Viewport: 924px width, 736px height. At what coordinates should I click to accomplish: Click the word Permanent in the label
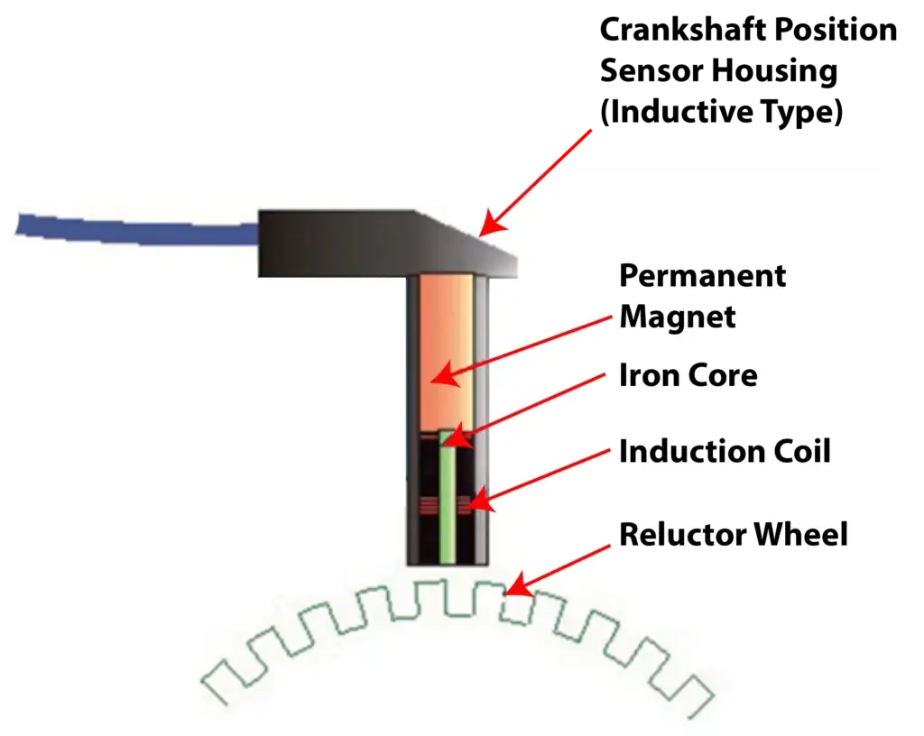(x=702, y=276)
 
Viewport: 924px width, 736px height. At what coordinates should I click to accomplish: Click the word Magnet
(x=677, y=317)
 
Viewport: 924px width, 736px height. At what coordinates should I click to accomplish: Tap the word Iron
(x=645, y=374)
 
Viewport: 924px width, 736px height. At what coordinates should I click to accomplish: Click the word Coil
(x=798, y=451)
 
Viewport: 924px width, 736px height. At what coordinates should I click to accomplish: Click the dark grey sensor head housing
(x=361, y=244)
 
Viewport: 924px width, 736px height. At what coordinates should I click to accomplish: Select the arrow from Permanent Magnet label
(x=523, y=347)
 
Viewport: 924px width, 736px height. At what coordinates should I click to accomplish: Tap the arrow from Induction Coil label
(x=541, y=474)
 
